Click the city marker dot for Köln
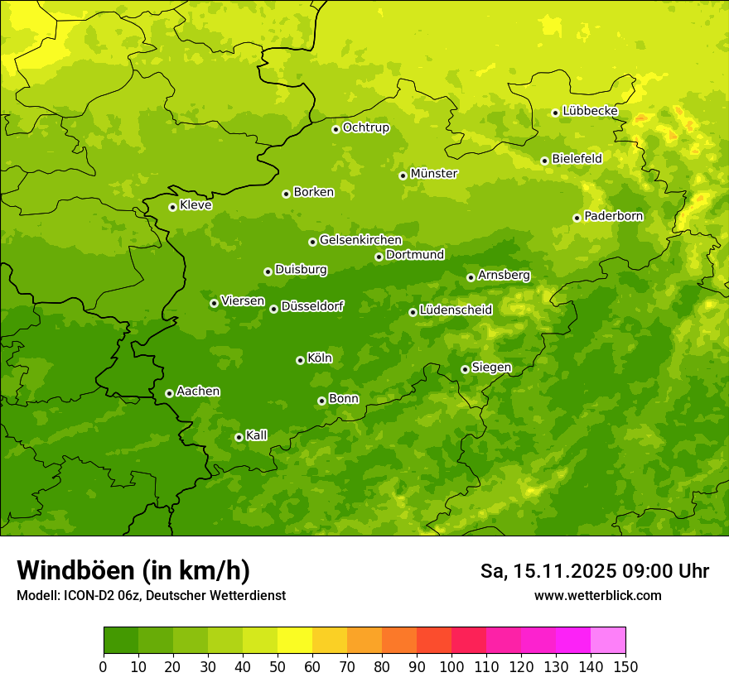pos(300,360)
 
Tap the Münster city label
pos(434,174)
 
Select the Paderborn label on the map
pos(613,216)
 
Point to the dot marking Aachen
pos(169,393)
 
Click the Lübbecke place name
pos(590,111)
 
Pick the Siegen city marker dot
pos(465,369)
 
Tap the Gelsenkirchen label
pos(360,240)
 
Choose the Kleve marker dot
pos(172,207)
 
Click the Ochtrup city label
pos(365,127)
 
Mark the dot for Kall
pos(239,437)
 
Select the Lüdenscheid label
pos(456,310)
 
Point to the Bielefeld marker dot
pos(544,161)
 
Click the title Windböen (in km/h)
pos(133,570)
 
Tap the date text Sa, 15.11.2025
pos(546,571)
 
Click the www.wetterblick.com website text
pos(597,595)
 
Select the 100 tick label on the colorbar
pos(451,666)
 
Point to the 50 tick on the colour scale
pos(278,666)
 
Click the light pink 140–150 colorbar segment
pos(608,640)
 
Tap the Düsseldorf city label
pos(312,306)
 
